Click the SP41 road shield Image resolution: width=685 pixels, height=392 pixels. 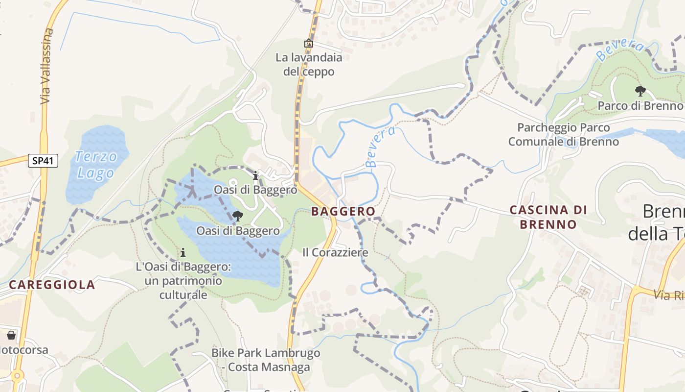tap(43, 161)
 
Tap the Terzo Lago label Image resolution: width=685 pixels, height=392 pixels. tap(96, 165)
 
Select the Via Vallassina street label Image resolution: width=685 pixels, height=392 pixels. tap(46, 66)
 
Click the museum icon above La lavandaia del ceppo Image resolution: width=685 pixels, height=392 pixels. tap(308, 44)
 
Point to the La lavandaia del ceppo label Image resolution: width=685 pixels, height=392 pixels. tap(309, 65)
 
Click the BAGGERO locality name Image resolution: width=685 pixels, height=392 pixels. tap(343, 212)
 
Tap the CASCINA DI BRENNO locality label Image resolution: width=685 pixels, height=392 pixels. tap(548, 217)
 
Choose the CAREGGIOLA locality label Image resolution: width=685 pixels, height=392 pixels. tap(52, 285)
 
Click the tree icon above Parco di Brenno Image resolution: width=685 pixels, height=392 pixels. tap(639, 91)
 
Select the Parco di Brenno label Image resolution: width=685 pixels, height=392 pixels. tap(640, 106)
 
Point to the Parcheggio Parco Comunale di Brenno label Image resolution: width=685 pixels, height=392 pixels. tap(563, 135)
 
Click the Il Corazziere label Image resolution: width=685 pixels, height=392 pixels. tap(335, 253)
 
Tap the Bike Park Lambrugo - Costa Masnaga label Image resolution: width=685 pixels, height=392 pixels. tap(266, 360)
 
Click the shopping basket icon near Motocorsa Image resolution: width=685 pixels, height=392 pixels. tap(11, 336)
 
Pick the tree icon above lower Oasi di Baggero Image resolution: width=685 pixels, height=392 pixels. tap(238, 216)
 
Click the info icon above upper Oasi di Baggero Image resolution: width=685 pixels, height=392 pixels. tap(255, 175)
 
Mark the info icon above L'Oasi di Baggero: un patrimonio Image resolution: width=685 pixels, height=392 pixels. tap(183, 253)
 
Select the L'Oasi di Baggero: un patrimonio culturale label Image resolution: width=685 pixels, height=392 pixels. tap(183, 281)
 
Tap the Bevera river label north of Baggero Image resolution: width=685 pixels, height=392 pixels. tap(380, 147)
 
